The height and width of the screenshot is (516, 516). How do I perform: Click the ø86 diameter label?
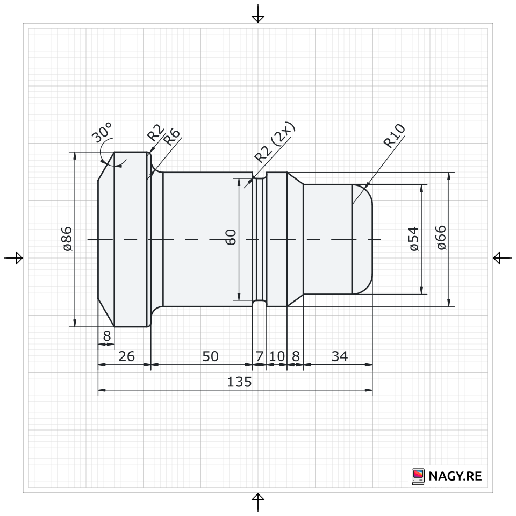68,239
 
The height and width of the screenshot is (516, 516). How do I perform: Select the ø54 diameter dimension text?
414,239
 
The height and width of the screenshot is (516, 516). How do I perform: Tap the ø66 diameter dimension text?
441,238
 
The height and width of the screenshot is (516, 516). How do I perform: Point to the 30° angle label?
102,132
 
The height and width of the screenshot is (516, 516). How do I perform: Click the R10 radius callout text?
394,136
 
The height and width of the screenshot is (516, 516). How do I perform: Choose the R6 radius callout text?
172,137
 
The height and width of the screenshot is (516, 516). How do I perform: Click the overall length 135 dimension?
239,382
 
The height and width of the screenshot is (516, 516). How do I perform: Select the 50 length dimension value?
210,356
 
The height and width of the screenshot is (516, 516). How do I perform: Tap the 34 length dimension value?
340,356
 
